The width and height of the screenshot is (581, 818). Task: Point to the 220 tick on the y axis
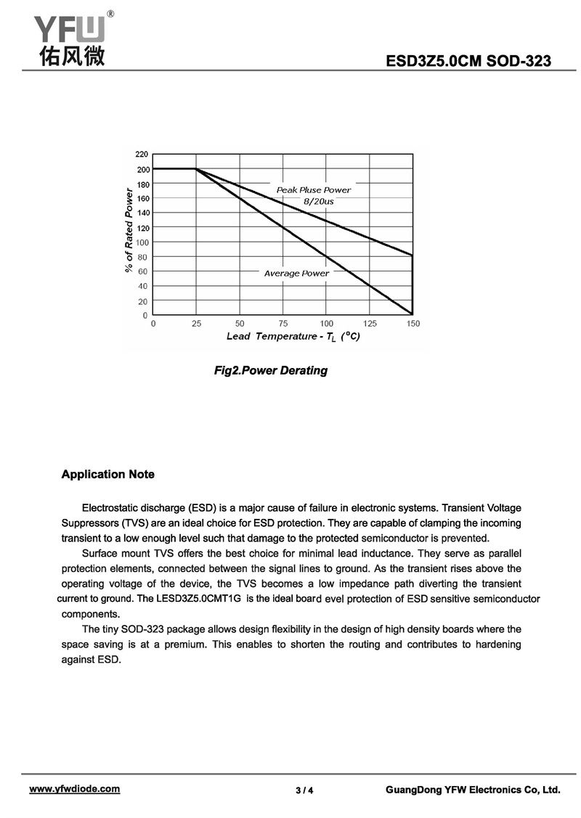[142, 155]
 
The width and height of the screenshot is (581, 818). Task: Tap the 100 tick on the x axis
[326, 323]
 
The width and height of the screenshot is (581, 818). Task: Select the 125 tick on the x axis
[370, 323]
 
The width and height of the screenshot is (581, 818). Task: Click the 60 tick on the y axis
[143, 271]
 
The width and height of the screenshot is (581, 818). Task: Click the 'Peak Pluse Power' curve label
[313, 190]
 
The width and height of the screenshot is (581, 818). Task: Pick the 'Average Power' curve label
[296, 274]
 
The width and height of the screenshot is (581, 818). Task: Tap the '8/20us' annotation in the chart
[318, 201]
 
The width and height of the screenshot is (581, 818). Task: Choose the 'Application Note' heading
[108, 475]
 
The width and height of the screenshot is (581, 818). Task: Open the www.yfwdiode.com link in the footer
[74, 789]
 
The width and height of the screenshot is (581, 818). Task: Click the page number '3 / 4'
[304, 790]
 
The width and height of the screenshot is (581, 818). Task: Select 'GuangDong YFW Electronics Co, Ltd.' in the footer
[473, 790]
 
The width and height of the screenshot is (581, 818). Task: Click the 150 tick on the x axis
[413, 323]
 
